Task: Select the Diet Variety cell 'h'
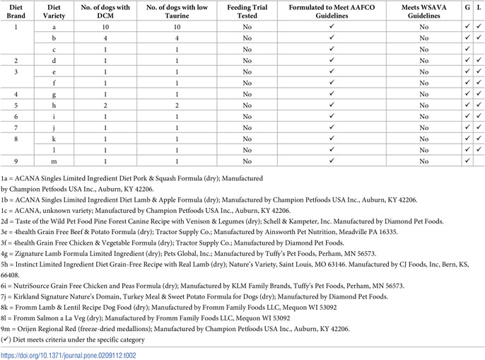tap(54, 105)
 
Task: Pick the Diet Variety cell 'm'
tap(54, 162)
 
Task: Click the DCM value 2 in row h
tap(106, 105)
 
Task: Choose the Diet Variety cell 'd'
tap(54, 60)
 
